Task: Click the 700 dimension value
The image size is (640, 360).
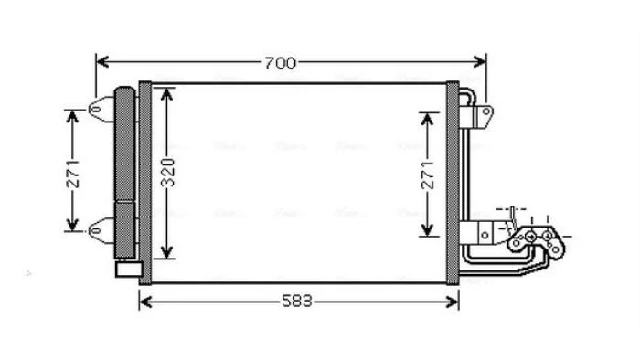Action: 281,63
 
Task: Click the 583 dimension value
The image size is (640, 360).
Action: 297,302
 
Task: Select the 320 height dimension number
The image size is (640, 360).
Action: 167,173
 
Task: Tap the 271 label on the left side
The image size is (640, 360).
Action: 73,175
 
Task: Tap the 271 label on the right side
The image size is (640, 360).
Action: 428,175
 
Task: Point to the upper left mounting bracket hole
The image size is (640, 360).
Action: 97,110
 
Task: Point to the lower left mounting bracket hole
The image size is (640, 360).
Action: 96,231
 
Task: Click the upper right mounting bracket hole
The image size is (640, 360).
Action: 485,111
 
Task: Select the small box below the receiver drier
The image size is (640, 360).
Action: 129,269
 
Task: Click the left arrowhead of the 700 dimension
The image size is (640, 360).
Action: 102,62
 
